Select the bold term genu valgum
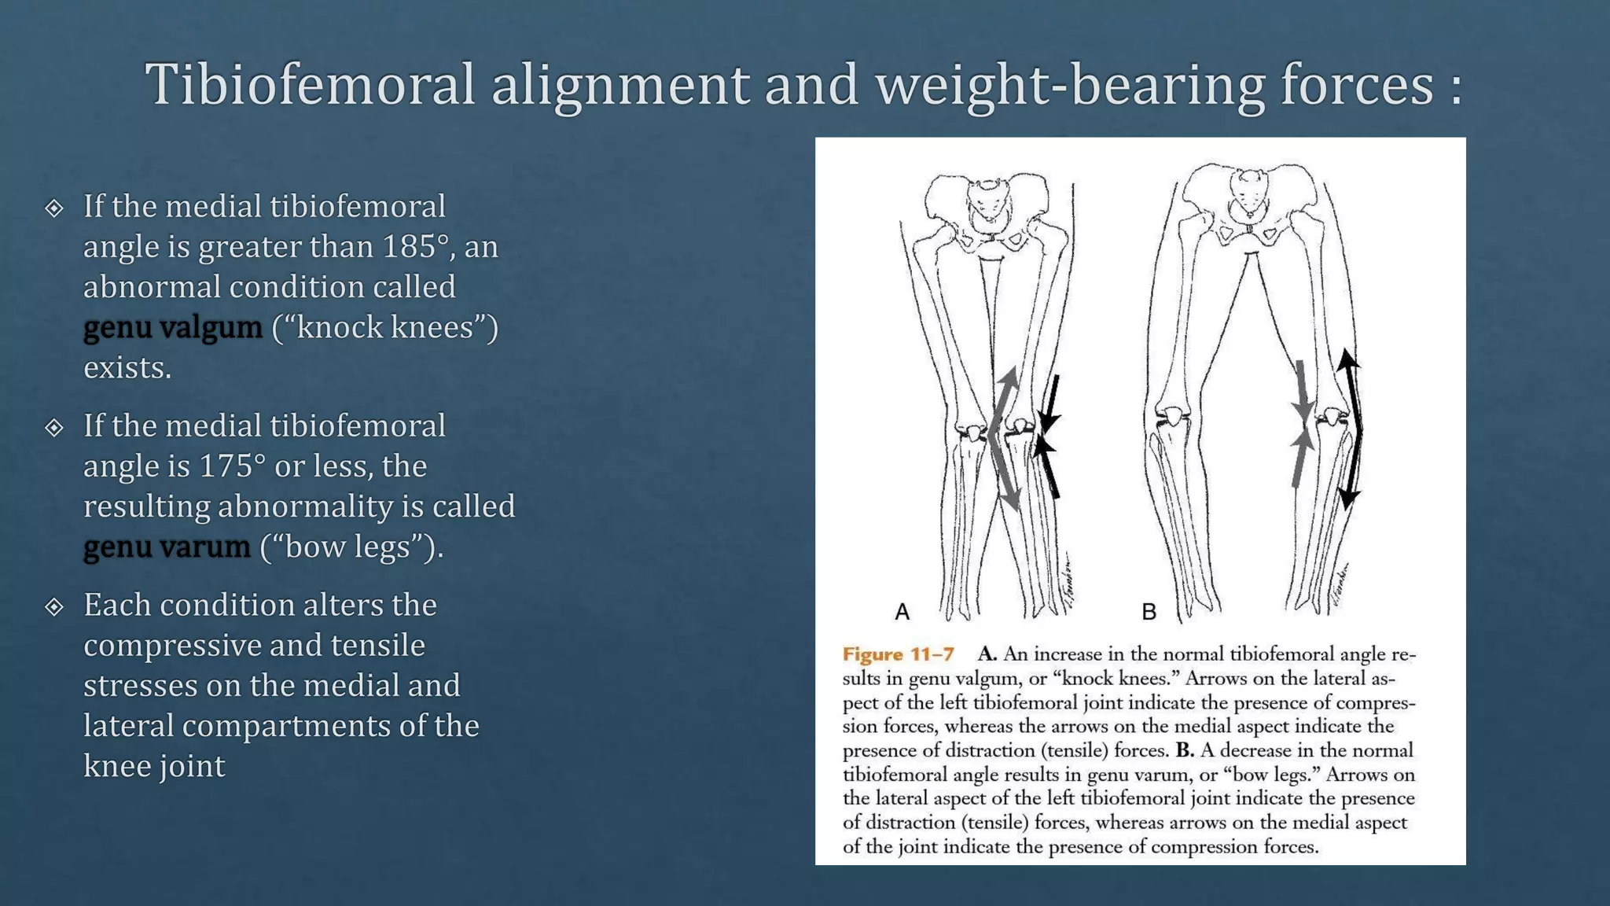point(173,327)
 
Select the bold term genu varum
point(167,547)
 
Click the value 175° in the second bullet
point(232,466)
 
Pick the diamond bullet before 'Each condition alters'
point(54,606)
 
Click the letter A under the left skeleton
point(902,612)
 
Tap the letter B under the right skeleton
point(1149,612)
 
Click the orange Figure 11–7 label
point(898,654)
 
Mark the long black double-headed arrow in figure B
point(1352,429)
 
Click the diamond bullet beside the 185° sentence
point(54,208)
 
